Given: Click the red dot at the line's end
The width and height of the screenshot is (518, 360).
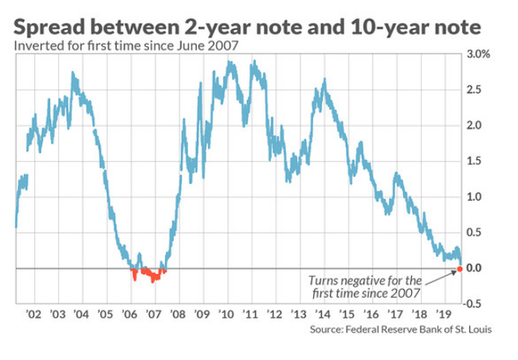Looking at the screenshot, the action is point(460,269).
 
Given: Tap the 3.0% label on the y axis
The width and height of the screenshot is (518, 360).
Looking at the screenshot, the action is point(478,54).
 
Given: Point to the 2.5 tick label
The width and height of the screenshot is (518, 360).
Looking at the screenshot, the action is point(473,90).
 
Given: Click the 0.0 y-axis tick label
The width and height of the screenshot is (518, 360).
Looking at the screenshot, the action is point(473,268).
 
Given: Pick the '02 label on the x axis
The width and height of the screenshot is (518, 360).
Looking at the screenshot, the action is point(34,314).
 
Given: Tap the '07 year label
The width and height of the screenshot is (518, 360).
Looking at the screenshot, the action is point(154,314).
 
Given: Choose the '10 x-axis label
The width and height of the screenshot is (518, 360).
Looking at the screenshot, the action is point(227,314).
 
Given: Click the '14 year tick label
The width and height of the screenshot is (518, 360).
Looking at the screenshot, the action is point(323,314).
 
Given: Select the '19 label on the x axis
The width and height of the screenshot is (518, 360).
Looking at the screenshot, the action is point(444,314).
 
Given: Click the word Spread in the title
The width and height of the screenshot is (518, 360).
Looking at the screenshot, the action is point(49,28).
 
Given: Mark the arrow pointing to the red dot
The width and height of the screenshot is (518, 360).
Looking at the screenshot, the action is point(441,277).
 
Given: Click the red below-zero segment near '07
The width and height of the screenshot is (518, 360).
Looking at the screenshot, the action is point(149,274).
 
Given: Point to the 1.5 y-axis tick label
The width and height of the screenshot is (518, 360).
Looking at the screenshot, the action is point(473,161).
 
